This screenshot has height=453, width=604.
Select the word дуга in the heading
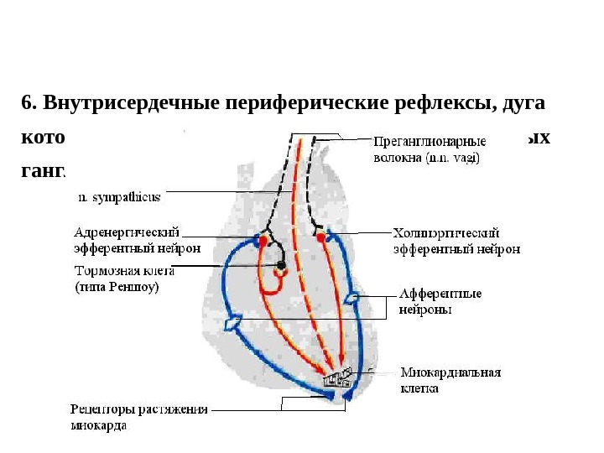click(x=523, y=104)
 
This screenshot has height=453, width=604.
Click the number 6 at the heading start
click(x=29, y=104)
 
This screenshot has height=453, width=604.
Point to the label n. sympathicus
click(x=119, y=198)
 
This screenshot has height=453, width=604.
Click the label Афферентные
click(x=440, y=294)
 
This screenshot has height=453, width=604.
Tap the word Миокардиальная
click(x=450, y=372)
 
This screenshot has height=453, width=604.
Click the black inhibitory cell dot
click(x=282, y=265)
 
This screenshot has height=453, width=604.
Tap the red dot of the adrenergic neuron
click(x=263, y=240)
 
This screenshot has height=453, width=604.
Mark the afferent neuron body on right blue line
click(x=357, y=296)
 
